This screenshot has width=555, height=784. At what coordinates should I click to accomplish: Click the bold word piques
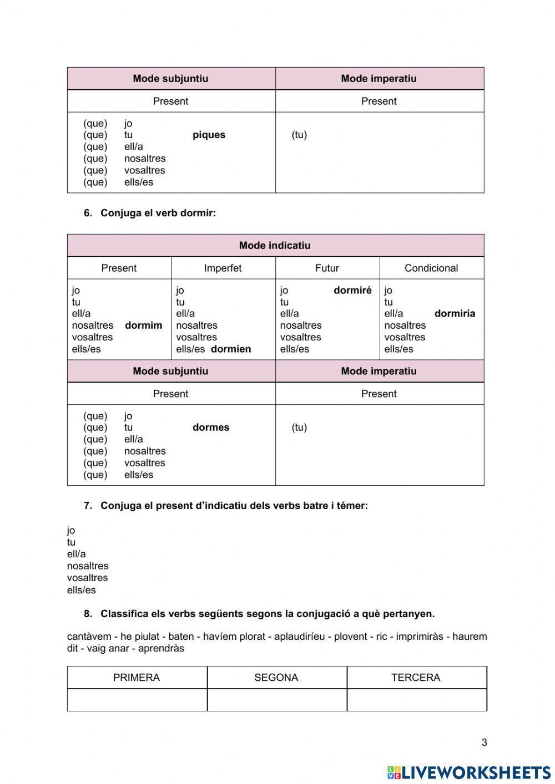pos(209,135)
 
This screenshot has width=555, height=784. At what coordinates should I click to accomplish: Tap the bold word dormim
pos(144,325)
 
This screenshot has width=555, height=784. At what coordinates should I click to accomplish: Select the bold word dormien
pos(231,349)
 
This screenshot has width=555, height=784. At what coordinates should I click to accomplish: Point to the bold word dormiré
pos(352,290)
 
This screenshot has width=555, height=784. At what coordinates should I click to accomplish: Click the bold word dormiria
pos(455,313)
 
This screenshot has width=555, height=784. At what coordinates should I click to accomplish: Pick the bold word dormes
pos(211,427)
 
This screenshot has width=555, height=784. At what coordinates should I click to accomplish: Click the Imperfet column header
pos(223,268)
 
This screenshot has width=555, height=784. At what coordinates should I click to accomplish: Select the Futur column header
pos(327,268)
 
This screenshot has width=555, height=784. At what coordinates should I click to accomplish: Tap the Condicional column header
pos(431,268)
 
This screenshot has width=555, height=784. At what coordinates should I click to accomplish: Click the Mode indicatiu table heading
pos(275,245)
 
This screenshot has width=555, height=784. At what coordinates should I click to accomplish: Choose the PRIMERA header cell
pos(137,678)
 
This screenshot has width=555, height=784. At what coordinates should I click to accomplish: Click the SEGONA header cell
pos(276,678)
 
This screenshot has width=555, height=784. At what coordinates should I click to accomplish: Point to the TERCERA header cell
pos(416,678)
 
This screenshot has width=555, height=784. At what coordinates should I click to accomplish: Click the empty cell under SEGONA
pos(277,700)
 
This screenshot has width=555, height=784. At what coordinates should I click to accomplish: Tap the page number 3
pos(484,742)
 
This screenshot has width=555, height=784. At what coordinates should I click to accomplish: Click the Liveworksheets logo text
pos(476,772)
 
